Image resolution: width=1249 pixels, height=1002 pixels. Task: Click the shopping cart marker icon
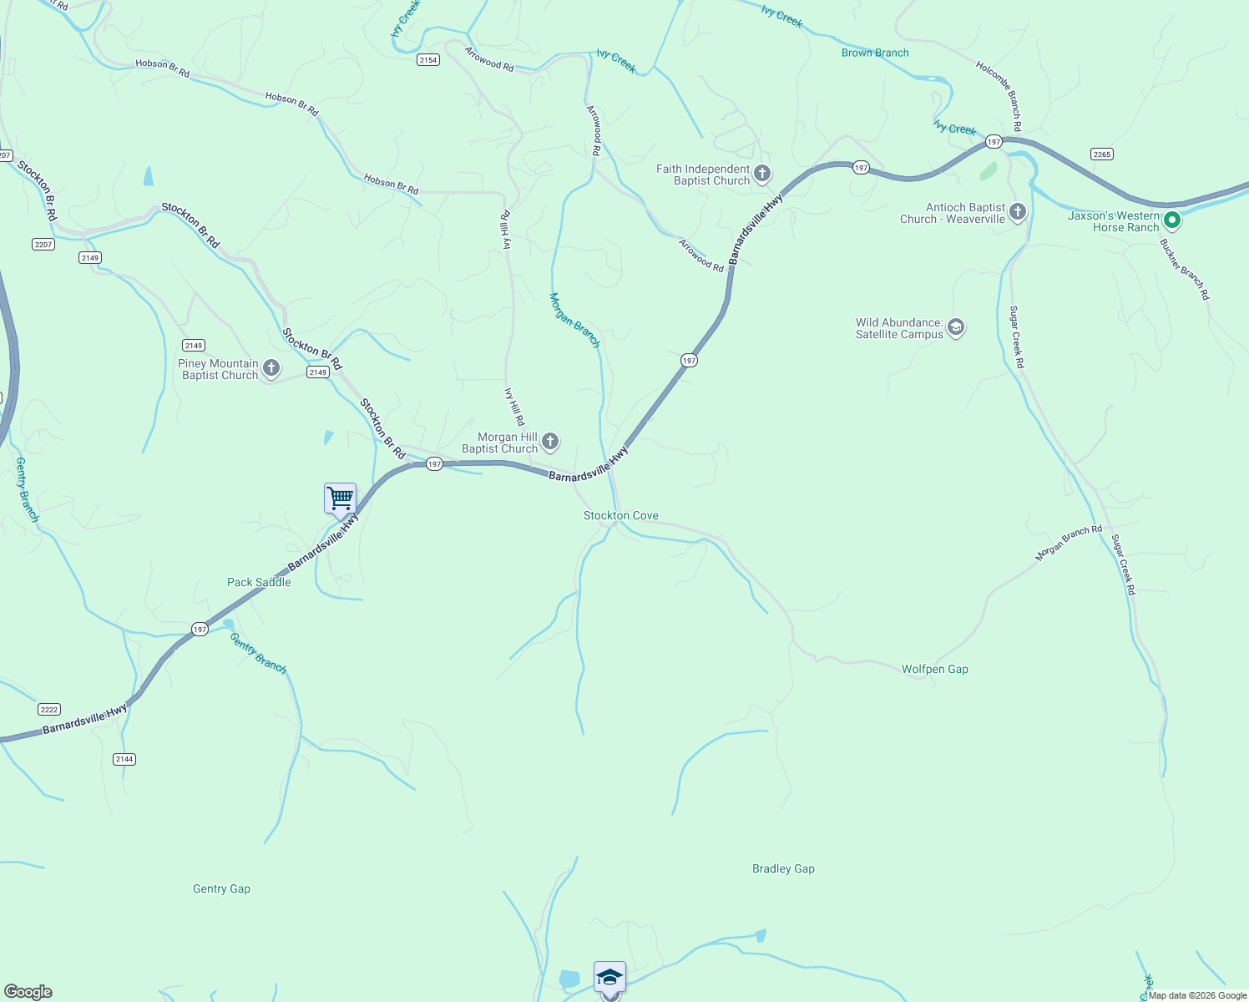(340, 498)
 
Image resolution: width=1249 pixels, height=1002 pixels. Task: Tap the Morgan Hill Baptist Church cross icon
(549, 441)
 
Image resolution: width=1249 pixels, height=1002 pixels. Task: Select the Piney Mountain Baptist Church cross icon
(271, 367)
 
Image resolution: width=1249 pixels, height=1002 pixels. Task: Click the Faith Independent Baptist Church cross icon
(761, 174)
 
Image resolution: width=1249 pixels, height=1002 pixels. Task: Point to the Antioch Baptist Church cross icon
(1017, 211)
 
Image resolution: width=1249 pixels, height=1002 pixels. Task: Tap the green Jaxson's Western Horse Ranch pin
(1171, 220)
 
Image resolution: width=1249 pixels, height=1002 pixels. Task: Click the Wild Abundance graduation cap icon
(956, 327)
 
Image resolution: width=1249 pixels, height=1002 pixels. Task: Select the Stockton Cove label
(621, 516)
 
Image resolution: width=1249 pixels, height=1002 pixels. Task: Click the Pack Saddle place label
(259, 582)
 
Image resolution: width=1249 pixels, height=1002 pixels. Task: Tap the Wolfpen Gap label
(935, 669)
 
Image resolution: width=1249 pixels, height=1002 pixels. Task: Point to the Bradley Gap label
(783, 868)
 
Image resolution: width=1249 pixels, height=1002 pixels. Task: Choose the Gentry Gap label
(221, 888)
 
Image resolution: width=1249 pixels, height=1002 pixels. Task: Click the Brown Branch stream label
(875, 53)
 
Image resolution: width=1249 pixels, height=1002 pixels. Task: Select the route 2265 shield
(1102, 154)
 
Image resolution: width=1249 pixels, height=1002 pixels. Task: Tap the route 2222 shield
(49, 709)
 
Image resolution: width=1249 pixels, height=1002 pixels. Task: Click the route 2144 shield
(124, 759)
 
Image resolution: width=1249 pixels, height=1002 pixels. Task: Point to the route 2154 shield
(428, 60)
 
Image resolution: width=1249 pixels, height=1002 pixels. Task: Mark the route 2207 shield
(43, 244)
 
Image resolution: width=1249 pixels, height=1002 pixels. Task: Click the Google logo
(28, 992)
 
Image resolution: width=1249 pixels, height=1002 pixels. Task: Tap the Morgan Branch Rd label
(1069, 543)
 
